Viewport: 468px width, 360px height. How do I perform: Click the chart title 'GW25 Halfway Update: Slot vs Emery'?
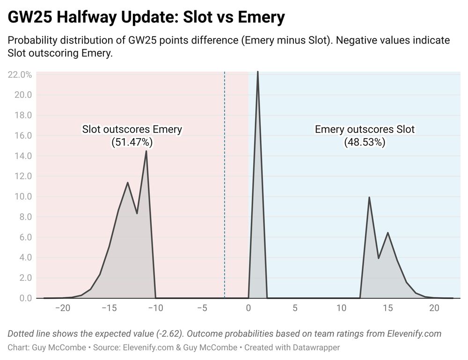tap(146, 18)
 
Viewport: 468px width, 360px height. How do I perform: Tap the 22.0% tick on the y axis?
tap(20, 74)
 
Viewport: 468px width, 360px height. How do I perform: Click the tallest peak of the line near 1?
tap(258, 72)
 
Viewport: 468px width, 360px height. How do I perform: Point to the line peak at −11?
tap(146, 151)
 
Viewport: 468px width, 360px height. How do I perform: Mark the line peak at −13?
tap(127, 183)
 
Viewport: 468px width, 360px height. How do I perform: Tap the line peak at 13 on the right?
tap(369, 197)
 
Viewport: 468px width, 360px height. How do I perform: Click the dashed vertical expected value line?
tap(225, 187)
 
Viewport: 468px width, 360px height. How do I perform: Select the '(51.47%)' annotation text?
tap(132, 142)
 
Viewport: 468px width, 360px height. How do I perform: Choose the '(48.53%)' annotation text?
tap(365, 142)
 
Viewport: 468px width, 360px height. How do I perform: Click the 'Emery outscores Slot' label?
tap(365, 129)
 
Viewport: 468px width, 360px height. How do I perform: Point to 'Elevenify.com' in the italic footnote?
tap(414, 334)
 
